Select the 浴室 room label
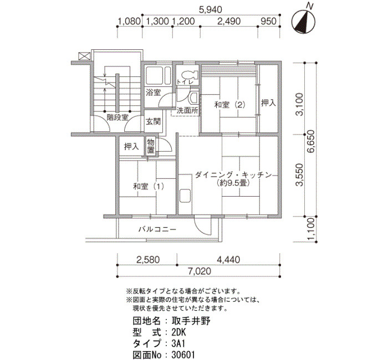tap(153, 92)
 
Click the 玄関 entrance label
tap(153, 121)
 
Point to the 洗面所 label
tap(187, 111)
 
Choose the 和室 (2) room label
tap(230, 105)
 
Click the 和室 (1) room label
tap(149, 186)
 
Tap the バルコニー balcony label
tap(157, 229)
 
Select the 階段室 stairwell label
tap(118, 117)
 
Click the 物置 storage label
tap(151, 146)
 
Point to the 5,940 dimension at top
tap(211, 9)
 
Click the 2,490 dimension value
tap(229, 21)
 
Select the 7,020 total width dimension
tap(200, 271)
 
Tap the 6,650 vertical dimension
tap(311, 141)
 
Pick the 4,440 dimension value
tap(228, 260)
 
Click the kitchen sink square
tap(185, 196)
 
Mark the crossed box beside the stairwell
tap(84, 56)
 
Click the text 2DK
tap(178, 332)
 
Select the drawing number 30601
tap(183, 355)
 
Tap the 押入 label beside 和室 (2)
tap(268, 103)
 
